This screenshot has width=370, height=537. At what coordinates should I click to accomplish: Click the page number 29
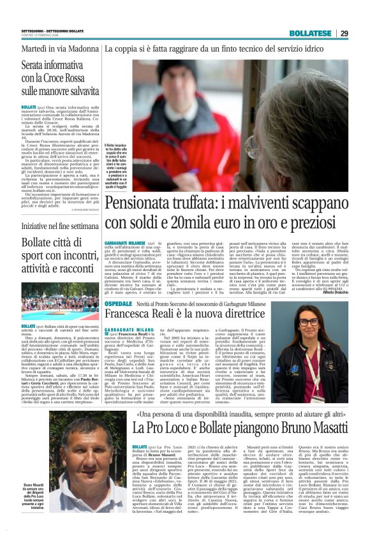(361, 33)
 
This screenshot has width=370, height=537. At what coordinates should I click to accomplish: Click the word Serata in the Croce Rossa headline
(37, 65)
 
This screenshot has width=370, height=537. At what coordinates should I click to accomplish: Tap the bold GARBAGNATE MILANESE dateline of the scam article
(125, 243)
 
